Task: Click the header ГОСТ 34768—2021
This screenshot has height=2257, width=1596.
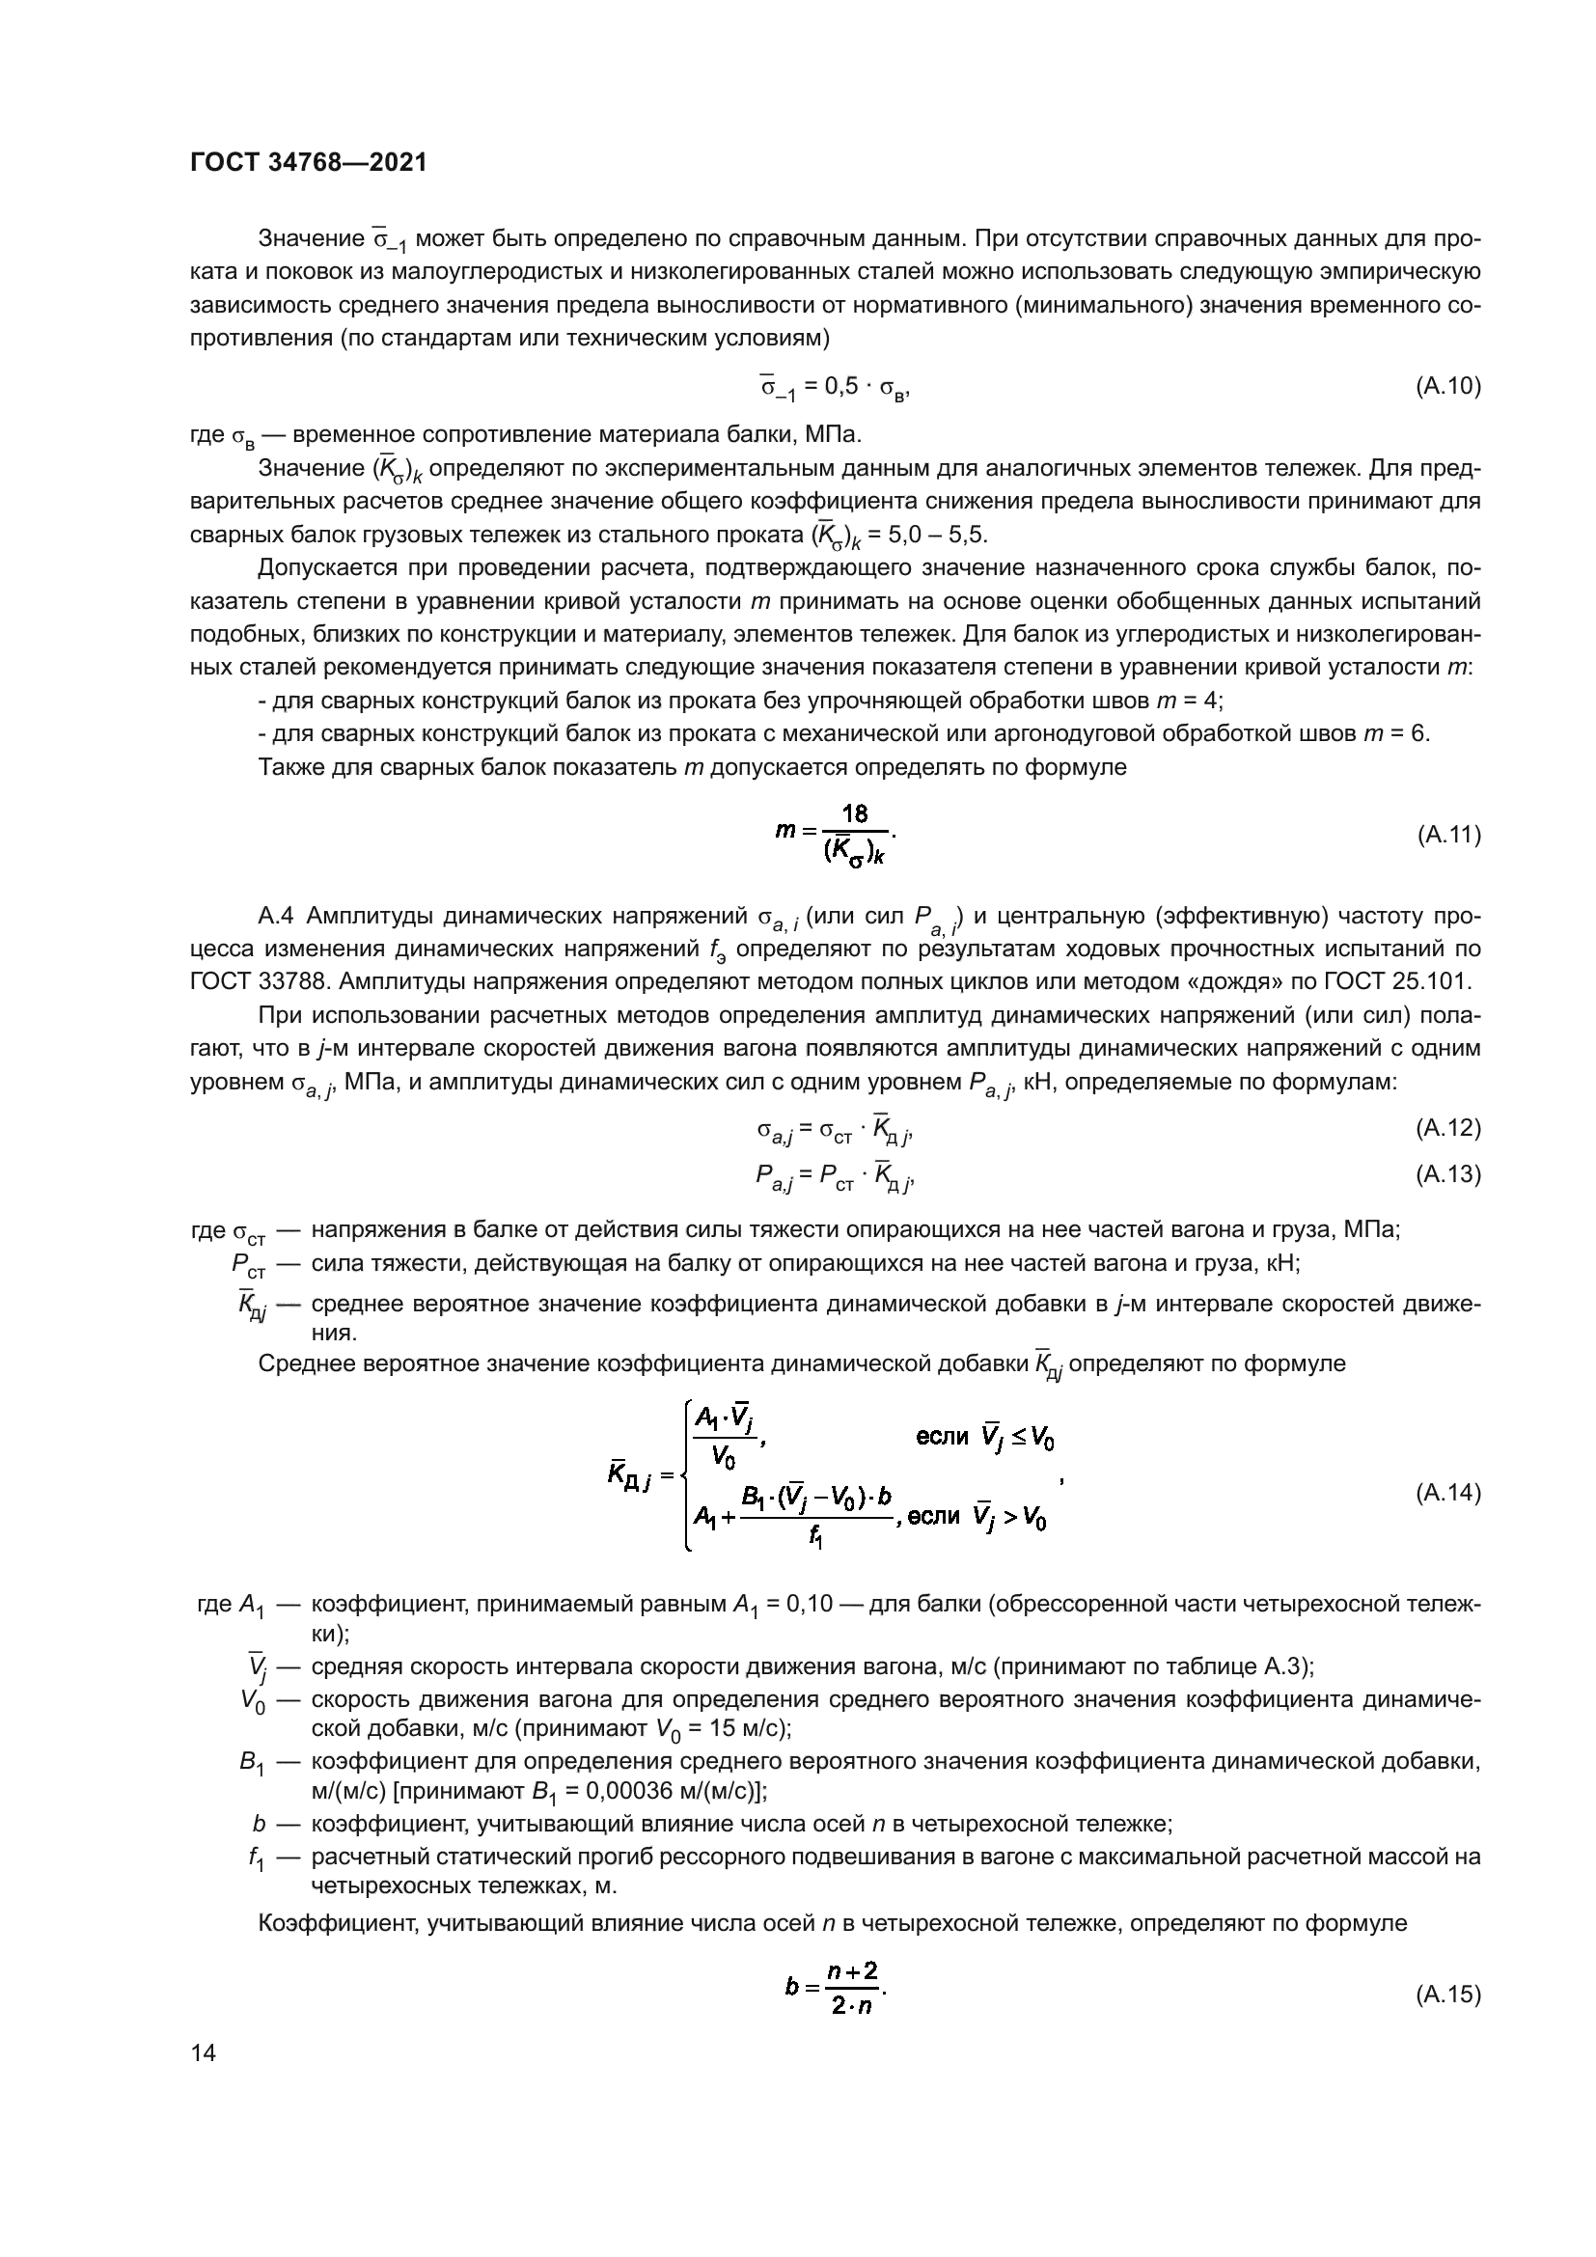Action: click(x=309, y=163)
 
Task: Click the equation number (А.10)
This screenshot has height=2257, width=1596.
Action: click(x=1447, y=386)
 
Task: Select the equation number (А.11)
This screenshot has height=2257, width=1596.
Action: click(x=1447, y=836)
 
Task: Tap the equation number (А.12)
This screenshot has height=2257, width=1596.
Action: click(x=1447, y=1129)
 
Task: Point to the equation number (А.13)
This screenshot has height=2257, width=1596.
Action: click(x=1447, y=1174)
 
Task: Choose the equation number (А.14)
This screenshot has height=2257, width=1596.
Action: click(x=1447, y=1493)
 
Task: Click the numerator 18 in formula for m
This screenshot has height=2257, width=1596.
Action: click(x=854, y=814)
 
